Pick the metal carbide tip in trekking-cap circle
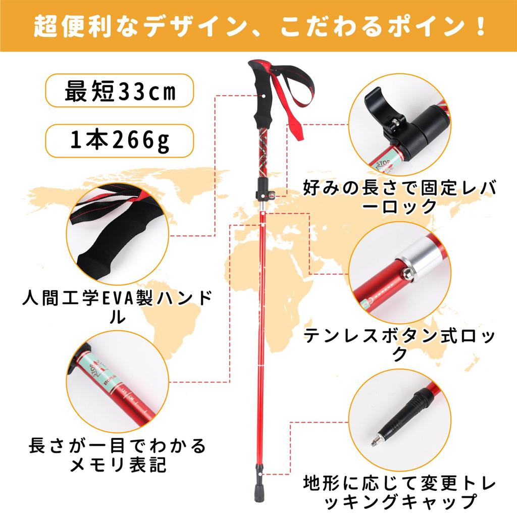[x=375, y=442]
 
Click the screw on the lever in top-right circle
[x=397, y=123]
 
